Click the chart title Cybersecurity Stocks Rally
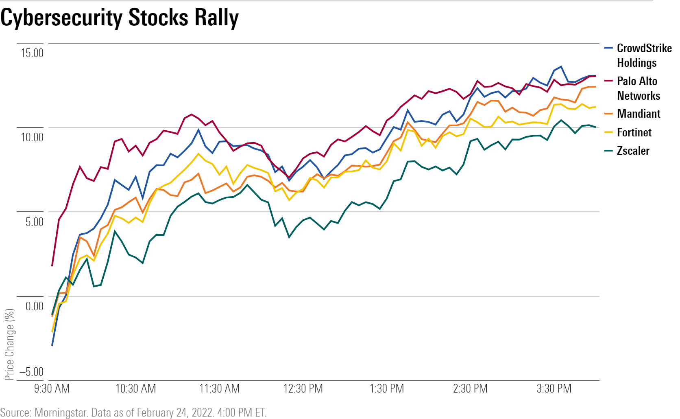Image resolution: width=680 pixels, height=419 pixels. [x=120, y=18]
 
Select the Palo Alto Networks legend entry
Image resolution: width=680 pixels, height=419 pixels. [x=638, y=88]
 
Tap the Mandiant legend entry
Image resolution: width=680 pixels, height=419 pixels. [x=638, y=114]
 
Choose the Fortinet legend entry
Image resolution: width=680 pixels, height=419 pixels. [x=634, y=132]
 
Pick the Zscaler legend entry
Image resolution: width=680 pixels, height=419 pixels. [x=633, y=151]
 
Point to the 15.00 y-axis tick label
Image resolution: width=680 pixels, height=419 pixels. [x=32, y=53]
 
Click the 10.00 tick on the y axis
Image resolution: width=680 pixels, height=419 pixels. [x=32, y=137]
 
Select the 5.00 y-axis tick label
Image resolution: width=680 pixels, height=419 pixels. [x=34, y=222]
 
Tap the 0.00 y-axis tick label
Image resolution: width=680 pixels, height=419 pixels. [x=34, y=306]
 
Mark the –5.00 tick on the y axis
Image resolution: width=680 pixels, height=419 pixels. [x=31, y=372]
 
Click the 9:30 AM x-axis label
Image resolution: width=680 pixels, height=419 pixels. [x=52, y=389]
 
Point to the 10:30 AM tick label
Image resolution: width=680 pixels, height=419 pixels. [x=135, y=389]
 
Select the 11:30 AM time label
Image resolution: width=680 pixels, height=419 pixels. [x=219, y=389]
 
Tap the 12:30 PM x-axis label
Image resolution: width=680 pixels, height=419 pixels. [x=303, y=389]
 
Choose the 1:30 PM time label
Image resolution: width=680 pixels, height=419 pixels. [x=387, y=389]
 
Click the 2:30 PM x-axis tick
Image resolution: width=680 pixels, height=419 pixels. [x=470, y=389]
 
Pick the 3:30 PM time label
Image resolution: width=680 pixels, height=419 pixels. [x=554, y=389]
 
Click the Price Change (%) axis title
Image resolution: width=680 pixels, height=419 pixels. [x=9, y=344]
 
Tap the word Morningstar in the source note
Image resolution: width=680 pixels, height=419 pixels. [x=61, y=412]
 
